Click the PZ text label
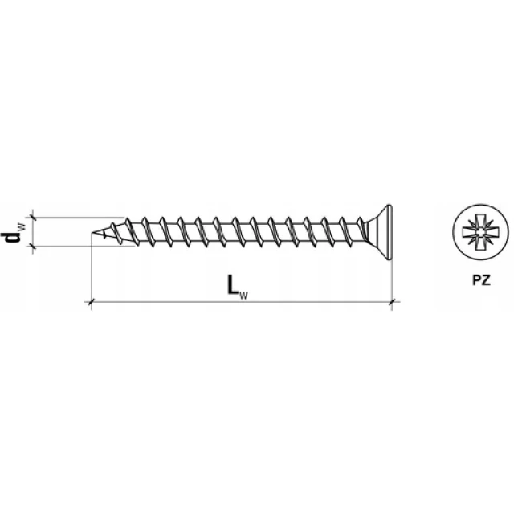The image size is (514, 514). pos(481,280)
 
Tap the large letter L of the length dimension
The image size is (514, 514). pos(233,284)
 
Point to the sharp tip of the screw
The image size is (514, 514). pos(92,233)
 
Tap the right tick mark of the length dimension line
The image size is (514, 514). pos(392,301)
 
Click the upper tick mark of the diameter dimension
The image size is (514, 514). pos(32,217)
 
